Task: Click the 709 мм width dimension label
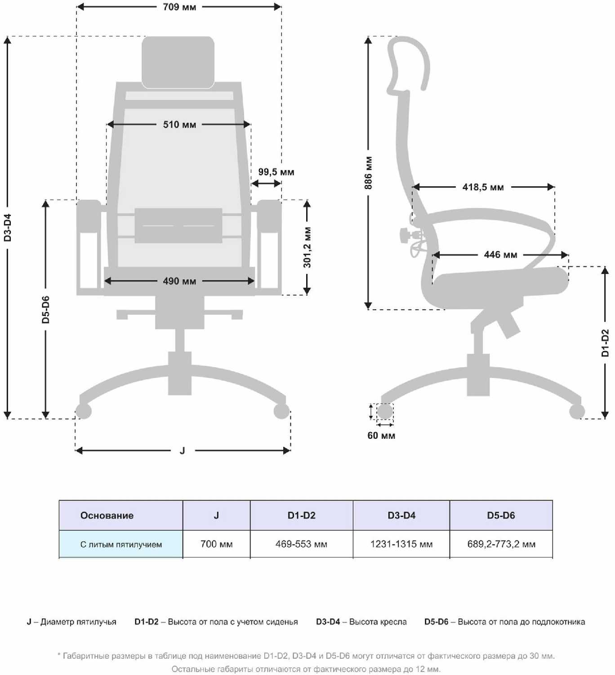[x=179, y=7]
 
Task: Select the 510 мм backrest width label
[x=179, y=125]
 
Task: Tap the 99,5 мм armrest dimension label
[x=276, y=172]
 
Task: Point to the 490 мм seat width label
[x=179, y=281]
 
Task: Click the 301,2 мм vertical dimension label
[x=307, y=247]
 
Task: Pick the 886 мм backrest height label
[x=369, y=173]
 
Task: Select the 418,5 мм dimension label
[x=483, y=187]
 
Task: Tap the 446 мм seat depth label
[x=500, y=255]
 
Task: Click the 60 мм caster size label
[x=381, y=436]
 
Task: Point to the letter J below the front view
[x=182, y=450]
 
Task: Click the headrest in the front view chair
[x=178, y=62]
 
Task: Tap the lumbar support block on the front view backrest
[x=178, y=225]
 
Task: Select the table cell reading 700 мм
[x=217, y=544]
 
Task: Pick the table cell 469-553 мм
[x=301, y=544]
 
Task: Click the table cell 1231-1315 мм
[x=401, y=544]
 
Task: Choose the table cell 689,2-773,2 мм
[x=501, y=544]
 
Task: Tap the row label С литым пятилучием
[x=121, y=544]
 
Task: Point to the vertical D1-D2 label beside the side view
[x=605, y=342]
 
